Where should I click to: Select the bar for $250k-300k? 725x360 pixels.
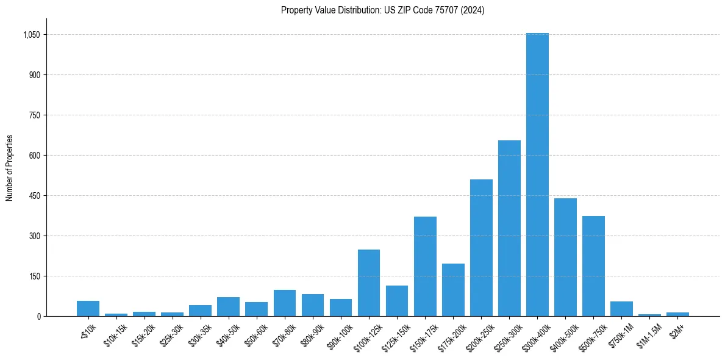click(509, 228)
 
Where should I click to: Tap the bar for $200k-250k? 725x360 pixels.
click(481, 248)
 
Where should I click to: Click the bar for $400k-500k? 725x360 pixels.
click(565, 257)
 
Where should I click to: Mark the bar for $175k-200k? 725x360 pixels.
click(453, 290)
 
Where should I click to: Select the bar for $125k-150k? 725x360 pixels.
click(397, 301)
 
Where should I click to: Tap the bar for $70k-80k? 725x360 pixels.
click(284, 303)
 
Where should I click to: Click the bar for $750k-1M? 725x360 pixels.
click(621, 309)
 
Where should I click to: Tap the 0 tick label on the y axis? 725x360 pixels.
click(38, 316)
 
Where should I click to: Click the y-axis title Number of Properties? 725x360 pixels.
click(9, 168)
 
